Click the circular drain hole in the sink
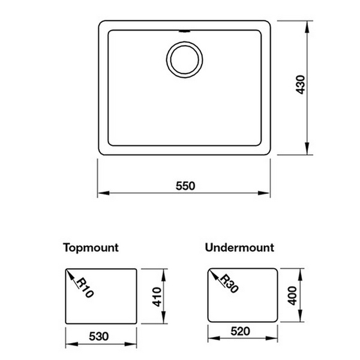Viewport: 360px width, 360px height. click(x=184, y=58)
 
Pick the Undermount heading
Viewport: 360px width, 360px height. click(x=239, y=247)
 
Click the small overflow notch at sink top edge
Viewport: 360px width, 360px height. click(x=184, y=27)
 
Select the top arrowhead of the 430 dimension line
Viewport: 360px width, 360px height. click(x=308, y=25)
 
